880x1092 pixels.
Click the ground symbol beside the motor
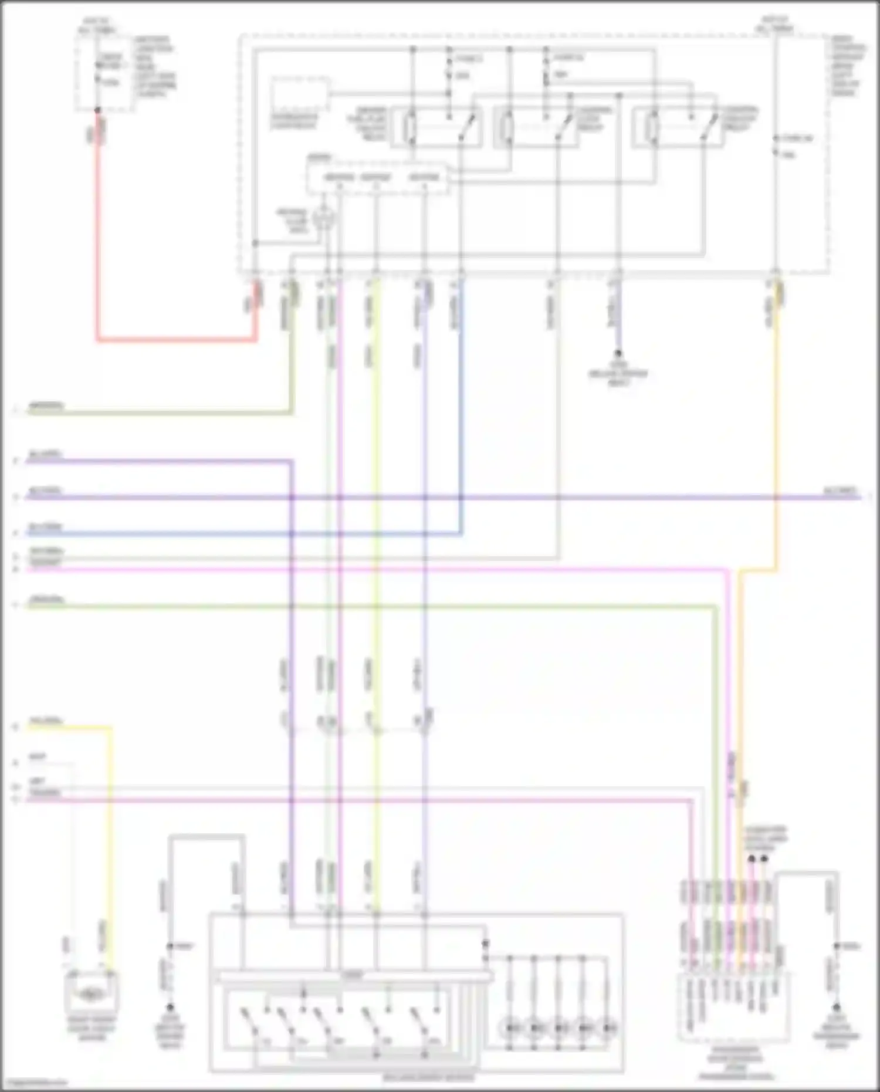(x=170, y=1007)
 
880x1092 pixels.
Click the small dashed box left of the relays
(x=300, y=94)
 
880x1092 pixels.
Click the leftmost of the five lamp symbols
(x=510, y=1027)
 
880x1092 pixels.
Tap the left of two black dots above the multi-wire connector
(x=751, y=858)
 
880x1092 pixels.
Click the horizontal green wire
(x=352, y=606)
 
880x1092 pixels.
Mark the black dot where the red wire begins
(x=97, y=110)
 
